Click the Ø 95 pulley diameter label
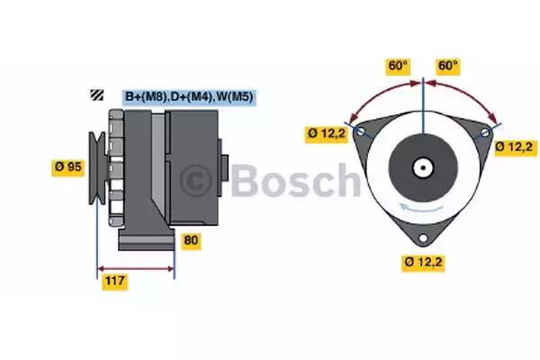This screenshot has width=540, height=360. (x=68, y=167)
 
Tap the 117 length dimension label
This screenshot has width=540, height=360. (x=115, y=281)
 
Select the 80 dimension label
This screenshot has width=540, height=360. (x=191, y=240)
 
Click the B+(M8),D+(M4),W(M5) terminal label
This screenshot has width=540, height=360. (x=189, y=96)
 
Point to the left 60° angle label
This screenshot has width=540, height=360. (x=398, y=66)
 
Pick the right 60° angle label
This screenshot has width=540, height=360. (x=447, y=66)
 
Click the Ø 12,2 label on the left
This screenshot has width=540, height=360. (x=327, y=133)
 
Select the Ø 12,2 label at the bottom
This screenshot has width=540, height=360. (x=423, y=262)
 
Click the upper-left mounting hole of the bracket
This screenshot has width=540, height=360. (x=361, y=130)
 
